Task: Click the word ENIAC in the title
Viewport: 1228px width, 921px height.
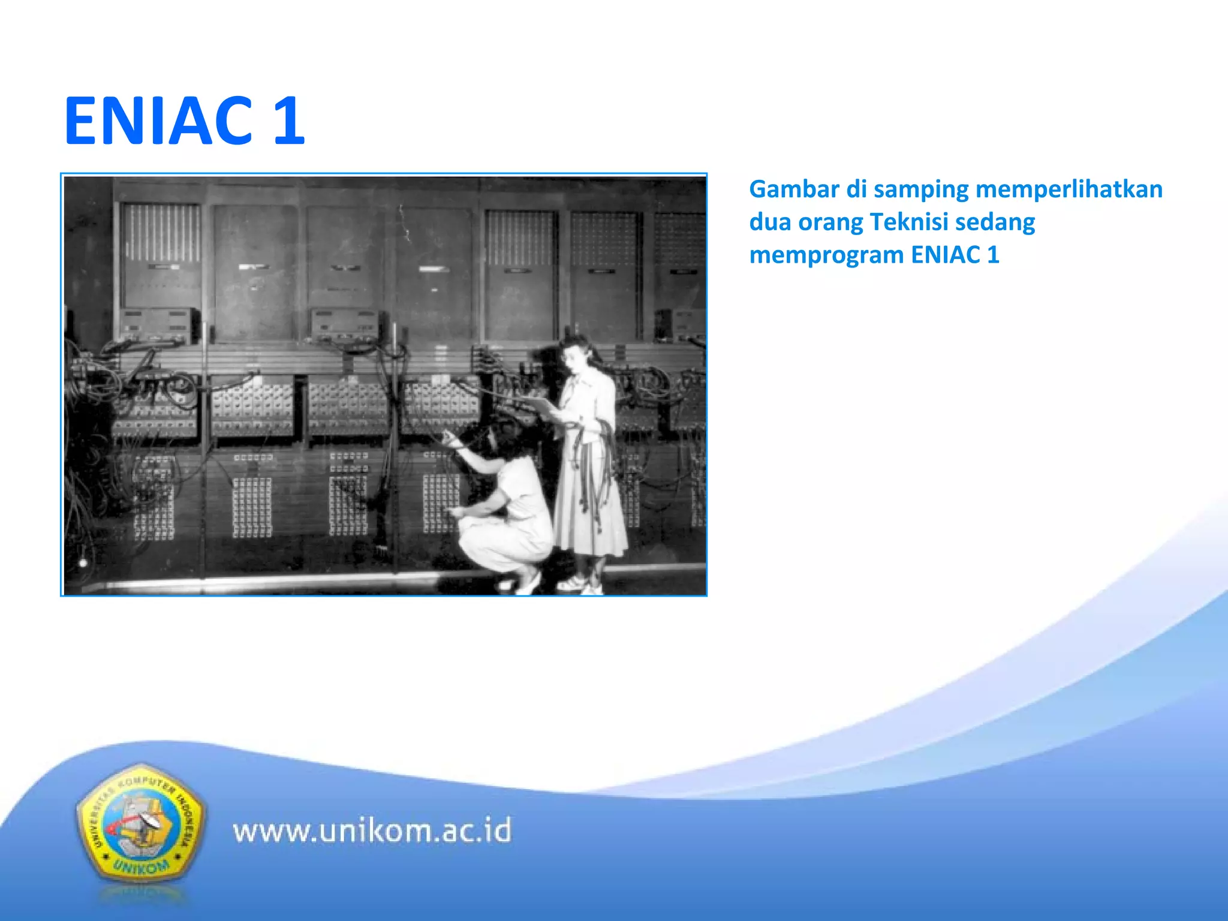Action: [159, 121]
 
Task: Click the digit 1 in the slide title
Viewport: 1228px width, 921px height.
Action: [289, 121]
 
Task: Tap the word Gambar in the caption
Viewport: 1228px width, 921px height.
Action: [794, 189]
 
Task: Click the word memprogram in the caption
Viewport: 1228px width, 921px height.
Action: [827, 255]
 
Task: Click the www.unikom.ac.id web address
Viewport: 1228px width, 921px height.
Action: [372, 831]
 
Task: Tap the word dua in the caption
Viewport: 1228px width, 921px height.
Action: [770, 222]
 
